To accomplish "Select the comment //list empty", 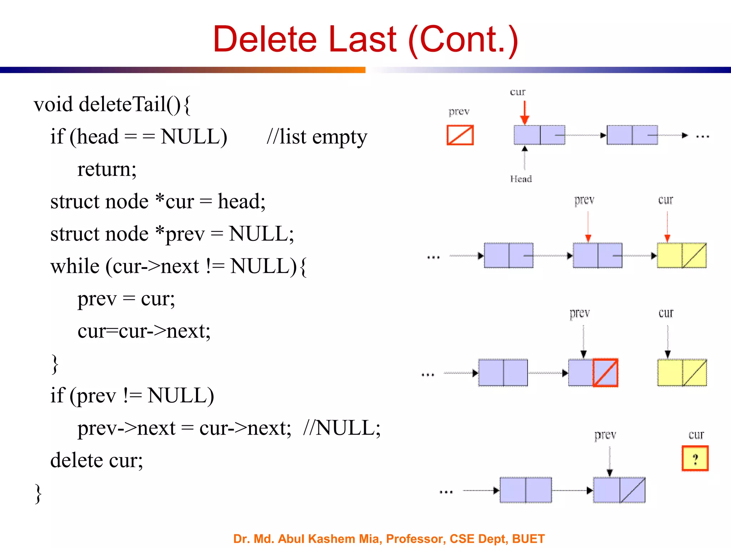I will click(317, 137).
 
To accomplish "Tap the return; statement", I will click(107, 169).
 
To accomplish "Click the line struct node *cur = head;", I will click(158, 202).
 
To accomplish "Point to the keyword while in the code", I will click(75, 267).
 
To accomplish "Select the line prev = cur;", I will click(126, 299).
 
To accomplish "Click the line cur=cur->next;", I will click(144, 331).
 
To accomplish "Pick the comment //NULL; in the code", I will click(342, 428).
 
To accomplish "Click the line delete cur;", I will click(96, 460).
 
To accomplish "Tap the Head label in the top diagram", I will click(521, 179).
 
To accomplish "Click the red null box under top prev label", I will click(460, 135).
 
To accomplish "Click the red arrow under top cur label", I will click(524, 112).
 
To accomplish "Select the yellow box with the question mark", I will click(695, 458).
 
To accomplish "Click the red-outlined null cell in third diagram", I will click(605, 373).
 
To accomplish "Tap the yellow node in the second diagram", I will click(681, 255).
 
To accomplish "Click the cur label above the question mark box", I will click(696, 435).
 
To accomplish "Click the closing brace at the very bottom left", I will click(38, 493).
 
